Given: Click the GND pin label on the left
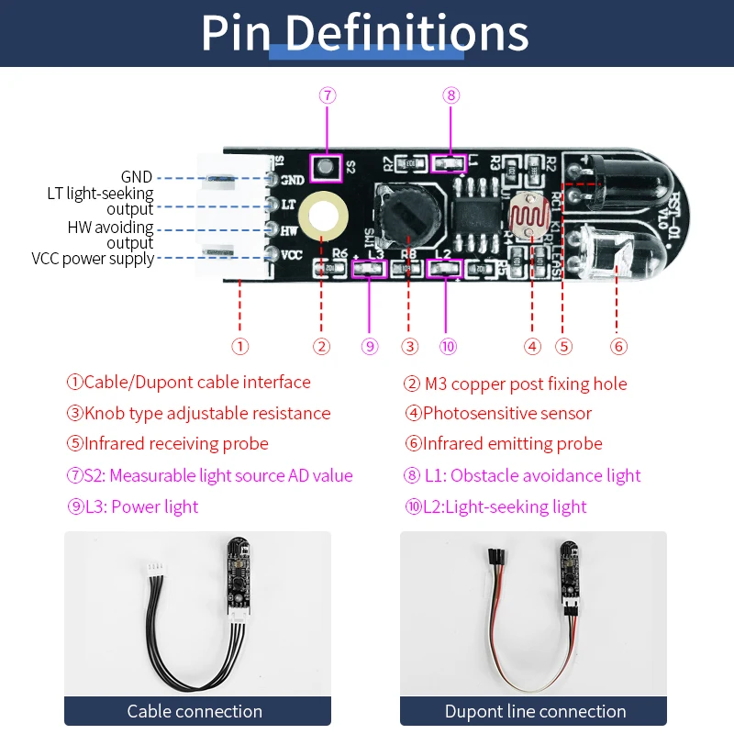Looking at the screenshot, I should point(137,177).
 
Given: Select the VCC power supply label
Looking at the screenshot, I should point(93,259).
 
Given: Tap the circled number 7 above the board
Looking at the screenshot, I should point(327,95).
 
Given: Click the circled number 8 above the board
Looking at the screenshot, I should point(450,95).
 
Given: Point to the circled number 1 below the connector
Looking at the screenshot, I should point(239,346).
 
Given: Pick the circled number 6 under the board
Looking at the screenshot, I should point(618,346).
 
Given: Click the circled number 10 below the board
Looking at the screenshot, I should point(448,346).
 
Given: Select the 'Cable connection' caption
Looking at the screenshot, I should point(195,711).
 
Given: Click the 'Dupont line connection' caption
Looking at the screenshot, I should point(535,711).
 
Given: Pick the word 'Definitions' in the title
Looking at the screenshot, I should point(406,33).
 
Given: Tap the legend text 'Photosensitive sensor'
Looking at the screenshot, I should point(506,413).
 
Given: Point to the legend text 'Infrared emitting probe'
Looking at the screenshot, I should point(512,444).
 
